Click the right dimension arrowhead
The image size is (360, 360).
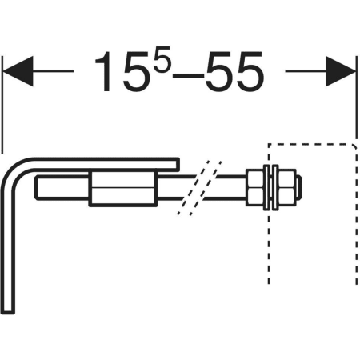(341, 71)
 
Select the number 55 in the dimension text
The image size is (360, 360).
(234, 71)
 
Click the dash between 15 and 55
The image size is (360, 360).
(189, 75)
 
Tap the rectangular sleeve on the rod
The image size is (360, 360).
(123, 189)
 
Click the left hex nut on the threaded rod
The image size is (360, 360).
(254, 187)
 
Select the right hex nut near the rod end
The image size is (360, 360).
(287, 187)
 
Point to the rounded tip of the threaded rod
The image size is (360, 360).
(299, 187)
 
